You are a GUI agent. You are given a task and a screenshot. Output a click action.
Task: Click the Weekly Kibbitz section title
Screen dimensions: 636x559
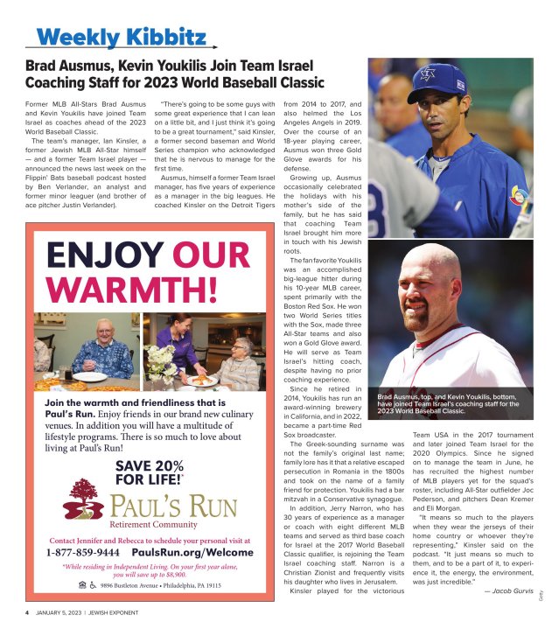[122, 38]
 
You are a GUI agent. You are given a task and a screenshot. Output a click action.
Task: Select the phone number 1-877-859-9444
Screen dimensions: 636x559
[95, 554]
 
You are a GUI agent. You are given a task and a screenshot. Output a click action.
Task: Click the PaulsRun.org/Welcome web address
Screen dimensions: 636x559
[193, 554]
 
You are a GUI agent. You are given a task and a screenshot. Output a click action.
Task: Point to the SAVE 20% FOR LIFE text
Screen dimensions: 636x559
[149, 472]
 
